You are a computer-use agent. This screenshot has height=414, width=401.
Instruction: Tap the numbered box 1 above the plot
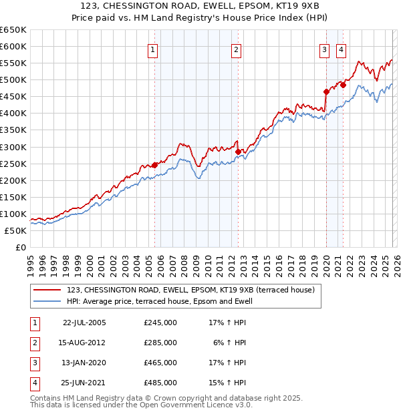153,49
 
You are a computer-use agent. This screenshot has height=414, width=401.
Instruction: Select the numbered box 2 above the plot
237,49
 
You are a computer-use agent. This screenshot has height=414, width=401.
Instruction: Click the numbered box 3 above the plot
324,49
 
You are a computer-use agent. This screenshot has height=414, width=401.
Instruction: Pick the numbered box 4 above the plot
341,49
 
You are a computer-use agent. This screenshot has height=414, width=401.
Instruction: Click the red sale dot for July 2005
154,165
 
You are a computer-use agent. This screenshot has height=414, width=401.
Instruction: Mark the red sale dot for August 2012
238,152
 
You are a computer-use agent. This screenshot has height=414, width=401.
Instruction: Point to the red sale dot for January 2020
326,91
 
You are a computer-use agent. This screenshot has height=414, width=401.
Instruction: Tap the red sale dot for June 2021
343,85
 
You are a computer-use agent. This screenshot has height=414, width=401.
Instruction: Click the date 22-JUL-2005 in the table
84,323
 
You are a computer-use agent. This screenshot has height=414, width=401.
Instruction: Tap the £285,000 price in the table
160,343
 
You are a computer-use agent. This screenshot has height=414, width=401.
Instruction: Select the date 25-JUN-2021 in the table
84,383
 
